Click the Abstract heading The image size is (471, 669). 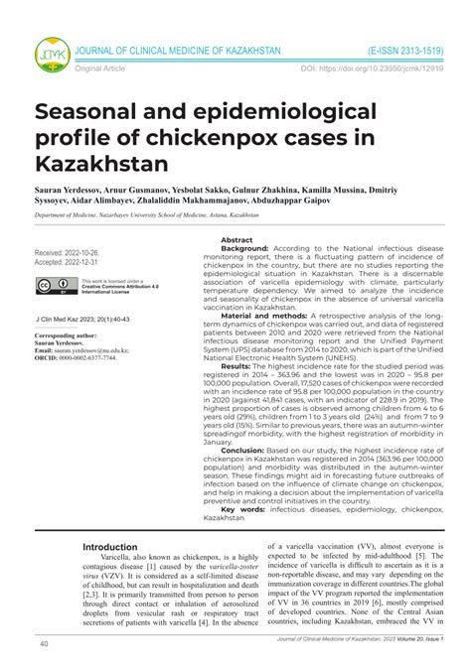click(236, 240)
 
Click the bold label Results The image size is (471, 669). click(235, 366)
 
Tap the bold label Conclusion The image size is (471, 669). click(242, 450)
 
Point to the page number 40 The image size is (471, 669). click(45, 644)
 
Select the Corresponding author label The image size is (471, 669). click(69, 336)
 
